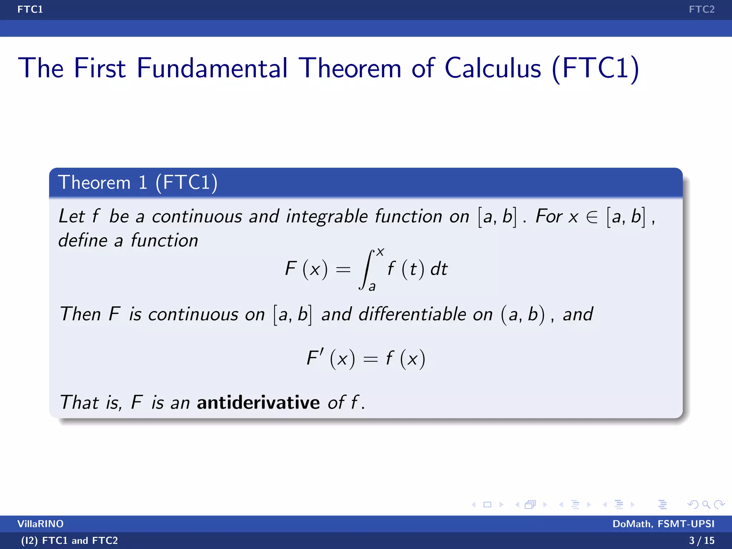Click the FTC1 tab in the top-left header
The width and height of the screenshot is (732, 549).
(30, 9)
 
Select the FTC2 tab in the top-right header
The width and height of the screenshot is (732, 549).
(701, 9)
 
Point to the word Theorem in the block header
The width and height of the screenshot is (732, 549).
(94, 183)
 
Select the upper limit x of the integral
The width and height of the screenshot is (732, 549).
(380, 252)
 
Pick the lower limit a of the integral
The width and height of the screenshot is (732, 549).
(372, 287)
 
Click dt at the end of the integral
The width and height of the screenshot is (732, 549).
(439, 269)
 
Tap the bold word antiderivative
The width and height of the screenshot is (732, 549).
(258, 402)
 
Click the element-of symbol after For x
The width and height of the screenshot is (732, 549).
(592, 217)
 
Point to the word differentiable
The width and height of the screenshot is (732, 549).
(412, 314)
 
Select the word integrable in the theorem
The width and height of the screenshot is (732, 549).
(327, 217)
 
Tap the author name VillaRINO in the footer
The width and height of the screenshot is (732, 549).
(40, 524)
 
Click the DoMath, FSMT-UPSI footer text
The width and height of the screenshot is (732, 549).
(663, 524)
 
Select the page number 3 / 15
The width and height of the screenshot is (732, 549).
(701, 540)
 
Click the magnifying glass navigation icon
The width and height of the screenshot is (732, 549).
(706, 505)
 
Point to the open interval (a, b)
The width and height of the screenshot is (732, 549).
(523, 315)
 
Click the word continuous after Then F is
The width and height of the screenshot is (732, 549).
(193, 315)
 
